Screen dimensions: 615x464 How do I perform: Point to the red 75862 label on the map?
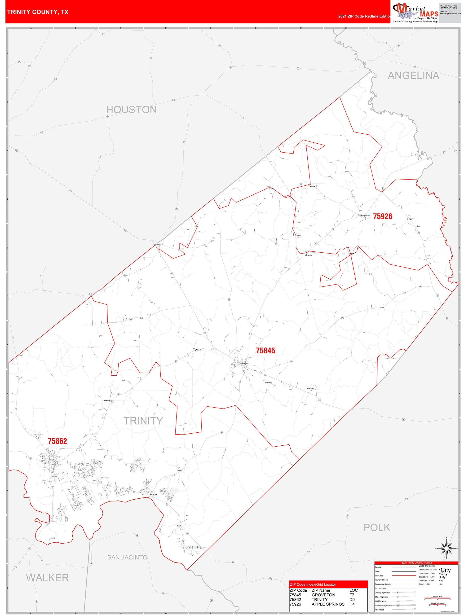click(x=57, y=441)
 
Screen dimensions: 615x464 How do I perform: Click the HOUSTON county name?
click(x=131, y=110)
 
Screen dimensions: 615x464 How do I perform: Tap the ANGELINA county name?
click(x=413, y=76)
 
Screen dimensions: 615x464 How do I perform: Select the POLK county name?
click(x=377, y=527)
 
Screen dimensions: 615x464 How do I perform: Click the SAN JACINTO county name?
click(x=127, y=557)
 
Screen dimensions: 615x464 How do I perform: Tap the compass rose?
click(x=446, y=549)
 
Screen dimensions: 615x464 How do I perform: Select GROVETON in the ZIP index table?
click(x=323, y=595)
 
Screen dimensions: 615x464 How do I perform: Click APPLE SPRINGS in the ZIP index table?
click(x=328, y=604)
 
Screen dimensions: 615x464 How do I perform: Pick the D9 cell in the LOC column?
click(x=352, y=599)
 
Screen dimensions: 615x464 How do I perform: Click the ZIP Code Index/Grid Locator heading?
click(x=313, y=584)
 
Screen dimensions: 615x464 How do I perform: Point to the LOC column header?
click(x=353, y=590)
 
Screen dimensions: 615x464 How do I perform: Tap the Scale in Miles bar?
click(x=437, y=598)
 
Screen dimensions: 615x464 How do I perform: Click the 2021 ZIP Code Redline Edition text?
click(x=364, y=16)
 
